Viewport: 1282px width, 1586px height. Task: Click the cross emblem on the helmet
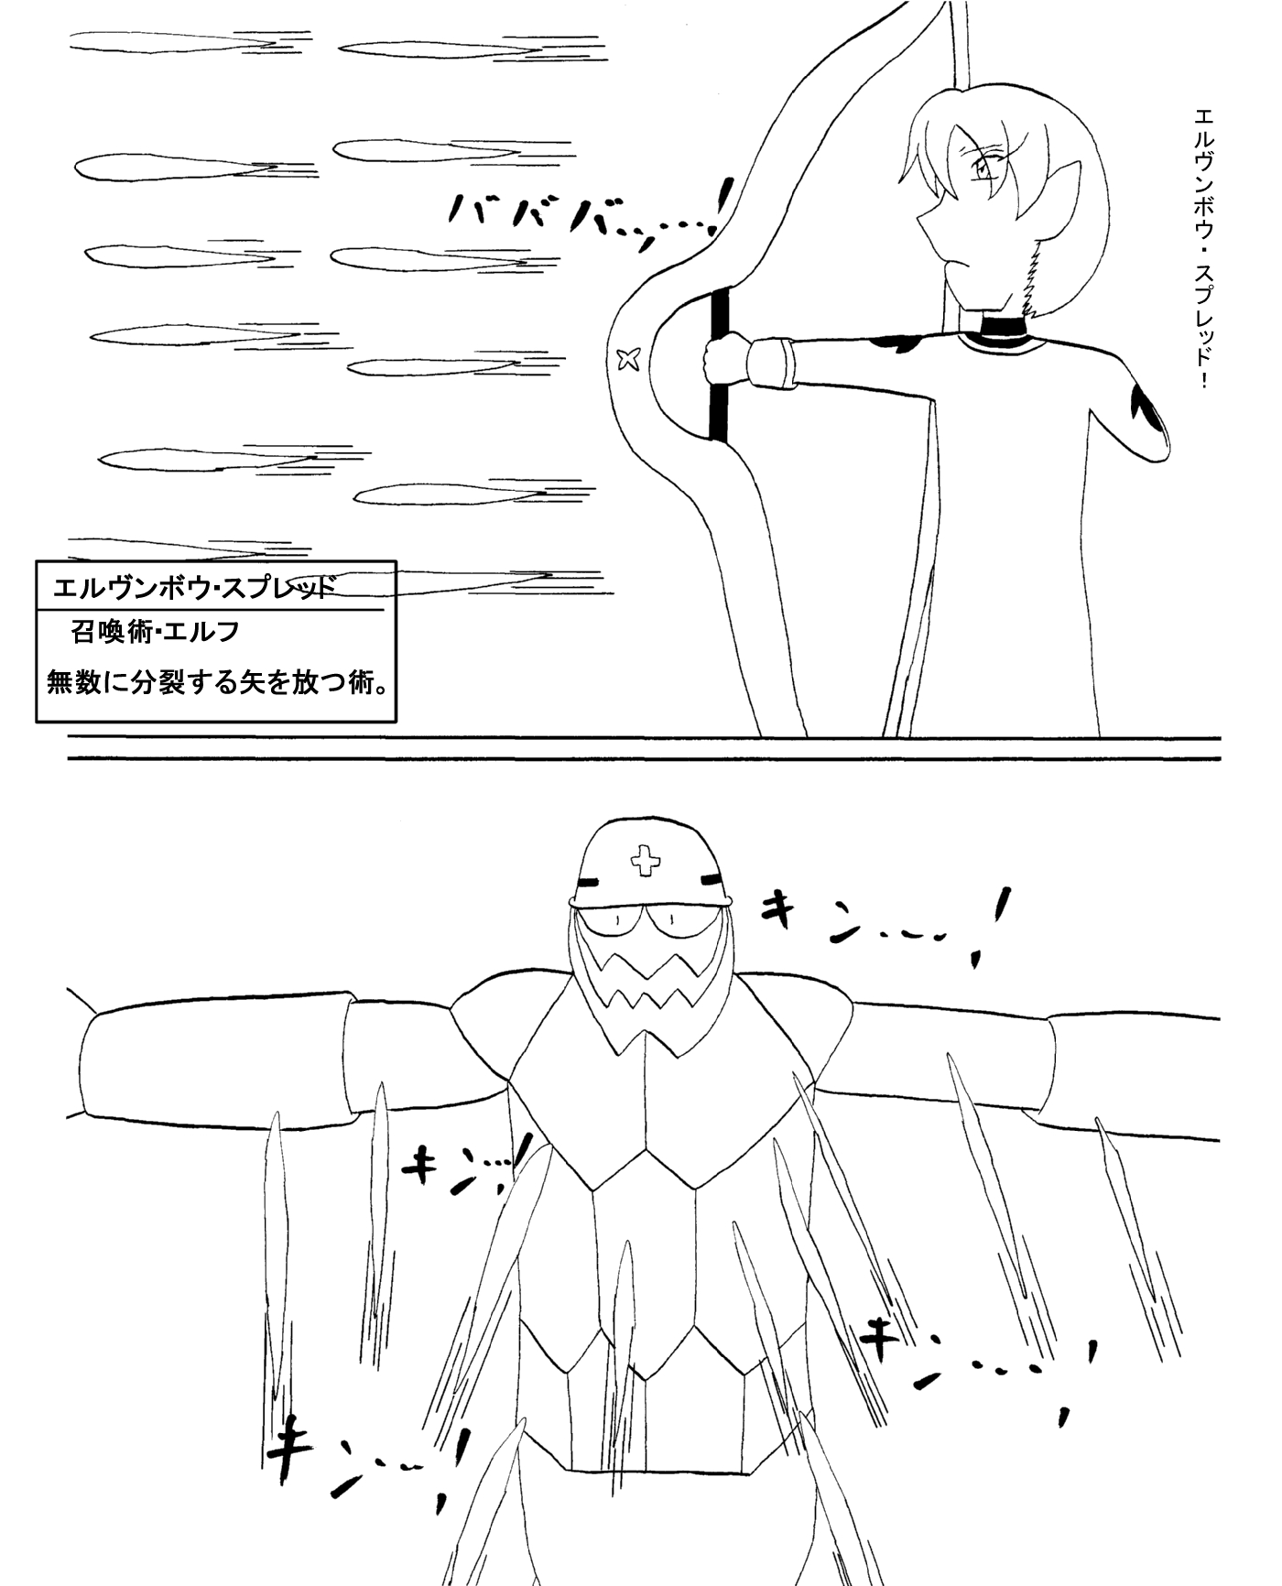click(x=646, y=860)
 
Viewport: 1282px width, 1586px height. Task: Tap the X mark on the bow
click(x=628, y=360)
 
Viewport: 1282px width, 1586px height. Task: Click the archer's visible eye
click(x=983, y=168)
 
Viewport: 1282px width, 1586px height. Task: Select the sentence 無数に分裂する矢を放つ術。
click(x=216, y=682)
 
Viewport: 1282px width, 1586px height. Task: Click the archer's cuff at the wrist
click(x=769, y=364)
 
